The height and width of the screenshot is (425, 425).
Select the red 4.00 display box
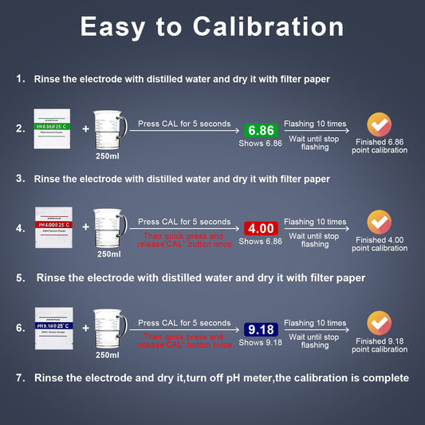[x=261, y=228]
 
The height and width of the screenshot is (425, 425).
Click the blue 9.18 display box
[x=261, y=329]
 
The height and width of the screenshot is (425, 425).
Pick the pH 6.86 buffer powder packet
[x=53, y=127]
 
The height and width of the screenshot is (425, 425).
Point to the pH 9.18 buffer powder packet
[x=53, y=326]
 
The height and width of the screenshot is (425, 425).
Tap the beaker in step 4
[x=109, y=227]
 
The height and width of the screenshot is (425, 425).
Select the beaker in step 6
[x=109, y=328]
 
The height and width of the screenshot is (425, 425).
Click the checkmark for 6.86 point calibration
[x=379, y=124]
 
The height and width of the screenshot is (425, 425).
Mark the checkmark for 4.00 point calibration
[x=379, y=222]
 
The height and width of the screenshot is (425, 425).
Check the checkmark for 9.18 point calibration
[x=379, y=323]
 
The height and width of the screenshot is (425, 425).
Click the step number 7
[x=20, y=377]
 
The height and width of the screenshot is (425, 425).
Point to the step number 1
[x=20, y=79]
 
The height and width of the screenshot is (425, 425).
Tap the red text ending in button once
[x=184, y=240]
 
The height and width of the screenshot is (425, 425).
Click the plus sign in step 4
[x=85, y=227]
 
